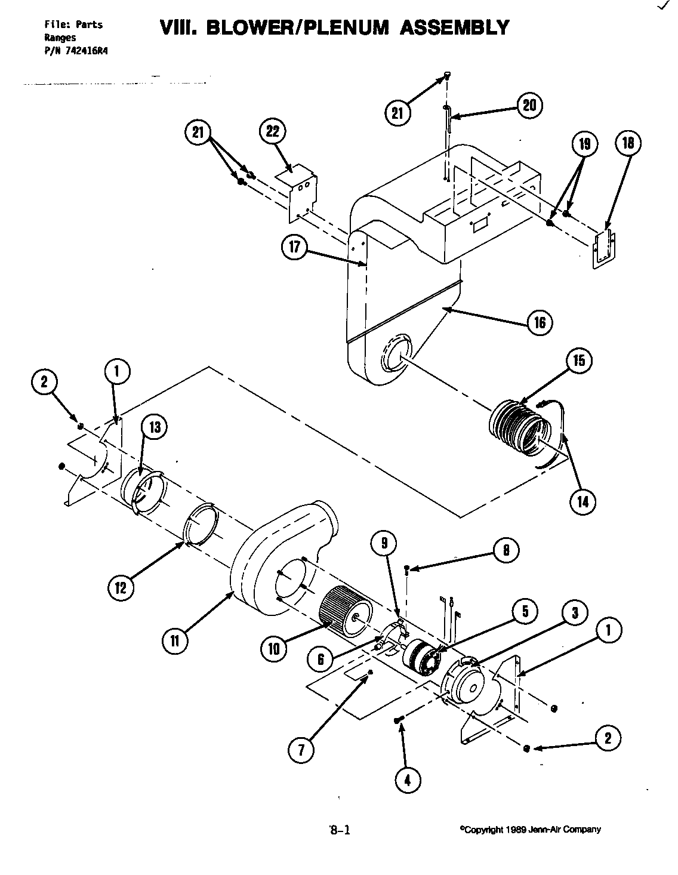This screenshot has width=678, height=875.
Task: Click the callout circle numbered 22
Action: pyautogui.click(x=272, y=133)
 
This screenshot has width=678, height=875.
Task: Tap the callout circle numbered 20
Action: pyautogui.click(x=529, y=106)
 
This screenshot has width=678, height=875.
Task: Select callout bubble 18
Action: pyautogui.click(x=627, y=143)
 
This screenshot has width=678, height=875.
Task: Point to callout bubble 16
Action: pyautogui.click(x=540, y=323)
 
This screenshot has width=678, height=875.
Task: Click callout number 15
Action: pyautogui.click(x=579, y=361)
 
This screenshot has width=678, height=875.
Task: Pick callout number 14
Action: pyautogui.click(x=582, y=501)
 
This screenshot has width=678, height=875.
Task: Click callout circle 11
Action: pyautogui.click(x=175, y=641)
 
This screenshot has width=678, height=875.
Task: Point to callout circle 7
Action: pyautogui.click(x=301, y=750)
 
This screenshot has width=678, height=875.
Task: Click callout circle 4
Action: pyautogui.click(x=408, y=780)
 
